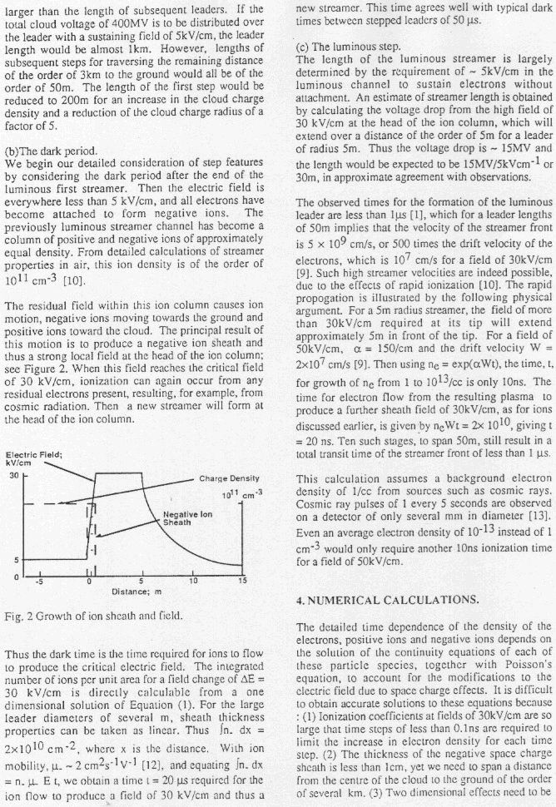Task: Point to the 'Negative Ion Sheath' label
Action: click(x=186, y=518)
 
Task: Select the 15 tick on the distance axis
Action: click(x=241, y=580)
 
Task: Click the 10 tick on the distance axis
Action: click(x=192, y=580)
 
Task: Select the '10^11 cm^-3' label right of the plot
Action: click(x=238, y=496)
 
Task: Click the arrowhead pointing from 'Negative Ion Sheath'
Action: click(x=97, y=536)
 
